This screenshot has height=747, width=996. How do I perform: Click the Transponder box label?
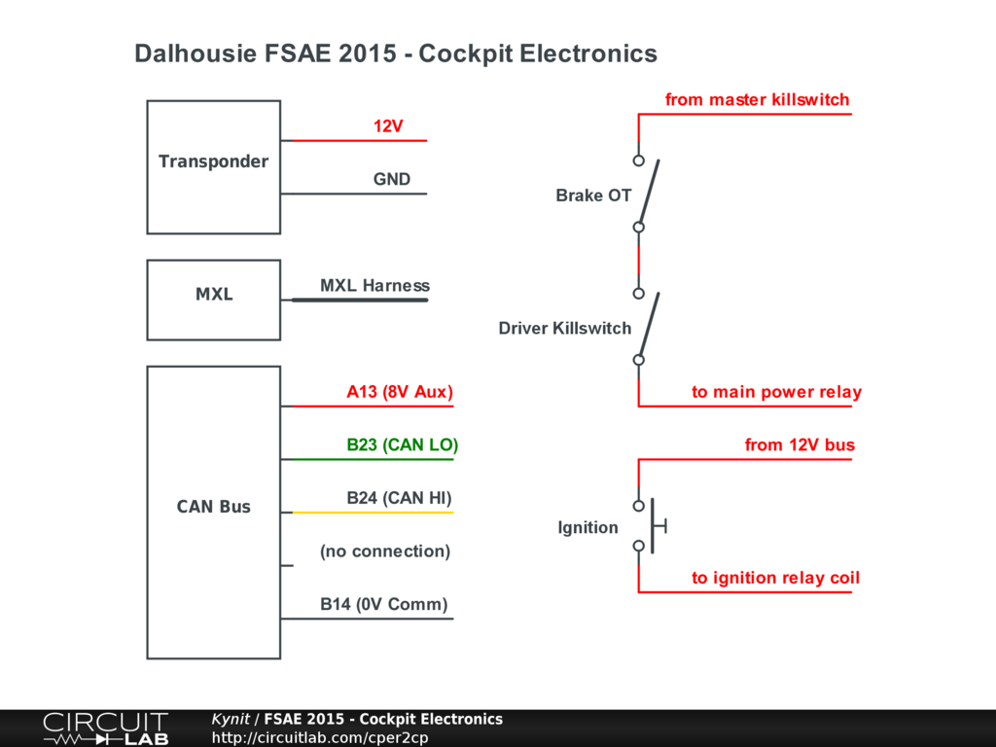213,161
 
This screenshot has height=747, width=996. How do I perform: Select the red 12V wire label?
388,125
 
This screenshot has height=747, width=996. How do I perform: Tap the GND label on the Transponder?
391,179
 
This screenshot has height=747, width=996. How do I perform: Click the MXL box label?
214,294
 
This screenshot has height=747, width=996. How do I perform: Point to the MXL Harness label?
374,285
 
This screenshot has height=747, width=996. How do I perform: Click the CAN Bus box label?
213,506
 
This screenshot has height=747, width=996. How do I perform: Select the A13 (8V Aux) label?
400,391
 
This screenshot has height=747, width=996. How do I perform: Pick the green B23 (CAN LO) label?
402,445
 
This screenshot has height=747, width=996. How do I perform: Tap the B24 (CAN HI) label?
399,497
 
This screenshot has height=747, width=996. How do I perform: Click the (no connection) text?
385,551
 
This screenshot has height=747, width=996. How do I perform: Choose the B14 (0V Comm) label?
383,604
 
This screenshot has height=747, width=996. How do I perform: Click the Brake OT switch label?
593,195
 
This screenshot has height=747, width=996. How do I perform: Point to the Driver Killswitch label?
565,328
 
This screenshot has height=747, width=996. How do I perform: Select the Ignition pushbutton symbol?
652,525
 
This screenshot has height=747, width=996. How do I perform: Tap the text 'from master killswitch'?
757,99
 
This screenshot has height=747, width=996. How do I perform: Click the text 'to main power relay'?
777,391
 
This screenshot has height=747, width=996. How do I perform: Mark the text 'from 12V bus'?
800,445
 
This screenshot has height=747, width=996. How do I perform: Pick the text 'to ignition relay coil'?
775,578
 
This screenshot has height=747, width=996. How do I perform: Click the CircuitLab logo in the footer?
105,729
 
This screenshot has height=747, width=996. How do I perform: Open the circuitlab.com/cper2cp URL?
319,737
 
